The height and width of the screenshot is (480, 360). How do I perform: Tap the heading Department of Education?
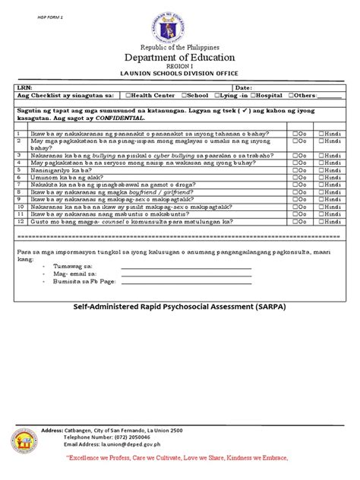tap(180, 58)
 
